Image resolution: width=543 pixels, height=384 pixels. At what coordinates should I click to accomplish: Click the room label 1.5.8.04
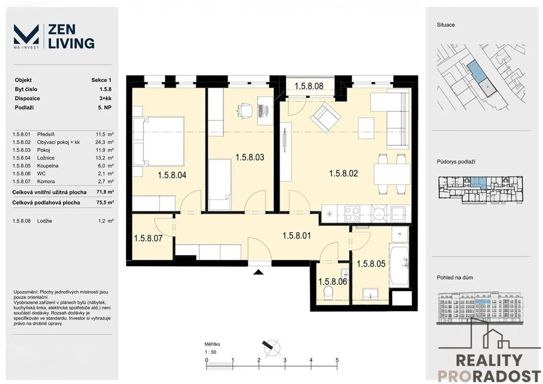click(172, 175)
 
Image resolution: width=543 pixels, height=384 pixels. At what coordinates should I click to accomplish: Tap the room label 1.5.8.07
click(148, 238)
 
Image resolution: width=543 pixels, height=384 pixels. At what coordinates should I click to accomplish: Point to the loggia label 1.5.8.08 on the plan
click(309, 86)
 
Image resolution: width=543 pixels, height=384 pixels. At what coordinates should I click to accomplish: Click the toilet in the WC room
click(329, 293)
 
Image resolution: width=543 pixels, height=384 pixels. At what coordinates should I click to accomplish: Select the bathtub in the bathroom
click(399, 267)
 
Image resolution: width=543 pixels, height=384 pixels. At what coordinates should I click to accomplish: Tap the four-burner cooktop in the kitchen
click(352, 214)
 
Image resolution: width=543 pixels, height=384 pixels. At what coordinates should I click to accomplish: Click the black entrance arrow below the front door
click(258, 272)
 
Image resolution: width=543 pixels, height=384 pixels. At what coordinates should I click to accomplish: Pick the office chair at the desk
click(244, 111)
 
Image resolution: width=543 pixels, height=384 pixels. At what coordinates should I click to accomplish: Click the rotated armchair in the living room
click(325, 117)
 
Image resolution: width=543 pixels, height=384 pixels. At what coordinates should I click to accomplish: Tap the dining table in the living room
click(392, 174)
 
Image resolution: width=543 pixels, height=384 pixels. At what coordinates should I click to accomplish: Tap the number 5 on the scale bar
click(337, 360)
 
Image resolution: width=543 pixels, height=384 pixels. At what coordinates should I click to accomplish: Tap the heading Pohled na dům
click(455, 277)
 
